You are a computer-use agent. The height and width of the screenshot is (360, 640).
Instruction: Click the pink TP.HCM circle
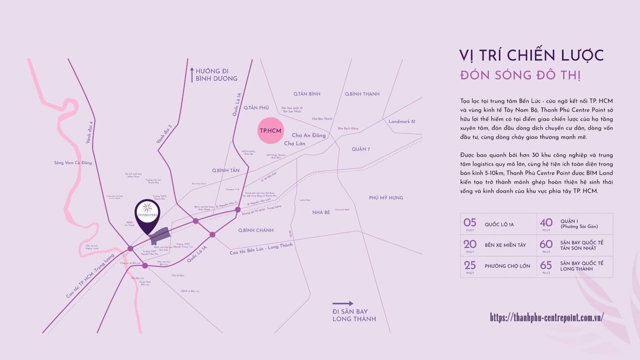coord(270,131)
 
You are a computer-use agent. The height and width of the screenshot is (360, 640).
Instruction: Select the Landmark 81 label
coord(402,121)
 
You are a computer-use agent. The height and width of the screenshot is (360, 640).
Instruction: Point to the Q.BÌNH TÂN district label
coord(226,170)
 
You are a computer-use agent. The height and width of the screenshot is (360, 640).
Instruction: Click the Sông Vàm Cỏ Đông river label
coord(73,163)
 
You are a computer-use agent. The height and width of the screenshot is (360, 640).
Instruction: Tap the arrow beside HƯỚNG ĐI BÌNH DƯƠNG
coord(192,74)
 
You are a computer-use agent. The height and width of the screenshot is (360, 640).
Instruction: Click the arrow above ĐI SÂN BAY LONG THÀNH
coord(343,303)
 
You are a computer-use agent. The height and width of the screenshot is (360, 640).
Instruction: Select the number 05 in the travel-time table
coord(470,222)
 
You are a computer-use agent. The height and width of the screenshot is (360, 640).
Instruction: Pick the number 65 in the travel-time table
coord(546,265)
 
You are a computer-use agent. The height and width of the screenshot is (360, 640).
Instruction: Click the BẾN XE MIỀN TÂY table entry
coord(505,245)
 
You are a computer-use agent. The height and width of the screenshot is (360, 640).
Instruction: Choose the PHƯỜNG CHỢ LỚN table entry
coord(507,266)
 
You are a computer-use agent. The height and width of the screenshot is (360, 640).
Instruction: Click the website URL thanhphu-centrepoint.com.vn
coord(546,317)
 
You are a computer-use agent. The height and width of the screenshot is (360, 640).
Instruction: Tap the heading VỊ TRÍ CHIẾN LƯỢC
coord(531,55)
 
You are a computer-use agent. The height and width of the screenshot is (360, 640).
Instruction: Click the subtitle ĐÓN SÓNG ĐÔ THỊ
coord(520,75)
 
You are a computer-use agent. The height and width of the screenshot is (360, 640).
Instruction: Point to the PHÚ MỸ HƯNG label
coord(386,198)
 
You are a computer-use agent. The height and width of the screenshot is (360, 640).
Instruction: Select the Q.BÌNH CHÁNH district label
coord(256,230)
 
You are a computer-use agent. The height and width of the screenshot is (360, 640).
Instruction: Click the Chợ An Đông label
coord(309,135)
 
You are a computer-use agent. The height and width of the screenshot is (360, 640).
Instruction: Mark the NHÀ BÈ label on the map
coord(321,212)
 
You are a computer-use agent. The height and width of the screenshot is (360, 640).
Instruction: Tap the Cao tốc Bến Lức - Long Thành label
coord(261,249)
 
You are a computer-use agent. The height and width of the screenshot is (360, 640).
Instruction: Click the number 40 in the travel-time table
coord(546,222)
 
